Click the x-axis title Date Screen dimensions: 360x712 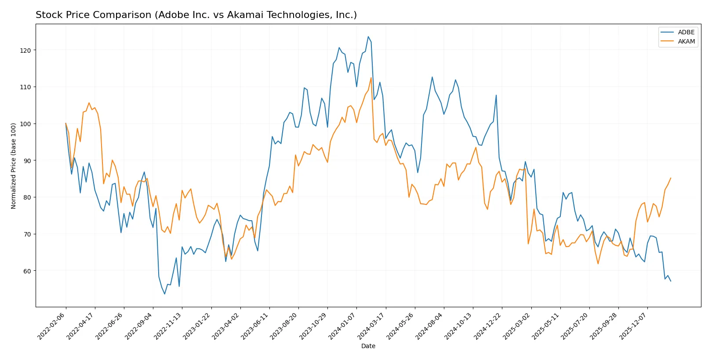[368, 346]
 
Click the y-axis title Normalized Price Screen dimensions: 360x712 [14, 166]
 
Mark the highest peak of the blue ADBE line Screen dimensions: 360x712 [368, 36]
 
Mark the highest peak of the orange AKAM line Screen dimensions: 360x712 [371, 78]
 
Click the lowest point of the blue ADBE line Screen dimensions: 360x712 [165, 294]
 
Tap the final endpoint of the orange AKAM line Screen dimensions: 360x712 [671, 178]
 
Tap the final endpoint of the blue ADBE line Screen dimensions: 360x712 [671, 281]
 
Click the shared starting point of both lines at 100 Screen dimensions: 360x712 [66, 124]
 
